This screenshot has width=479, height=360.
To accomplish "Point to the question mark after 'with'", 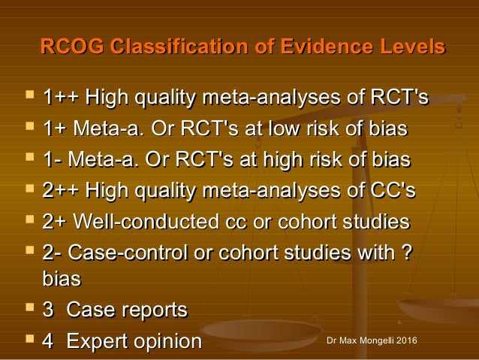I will pos(406,254).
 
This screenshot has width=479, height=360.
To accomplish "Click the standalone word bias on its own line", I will pos(62,279).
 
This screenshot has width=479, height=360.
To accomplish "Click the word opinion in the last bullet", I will pos(169,341).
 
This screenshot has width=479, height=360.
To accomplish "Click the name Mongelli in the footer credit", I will pos(375,343).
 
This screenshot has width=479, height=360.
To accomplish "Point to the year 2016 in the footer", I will pos(406,343).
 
